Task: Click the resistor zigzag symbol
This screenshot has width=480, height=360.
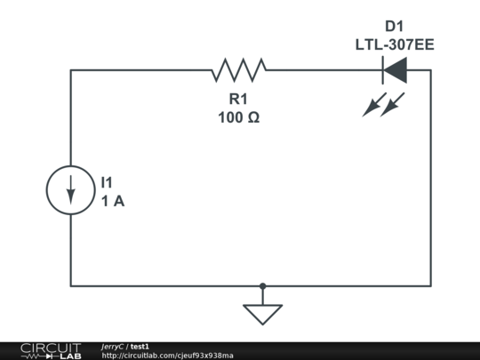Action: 239,70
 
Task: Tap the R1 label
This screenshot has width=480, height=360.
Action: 238,99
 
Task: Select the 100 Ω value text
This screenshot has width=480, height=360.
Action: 239,117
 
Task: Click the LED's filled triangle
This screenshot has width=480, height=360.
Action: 396,70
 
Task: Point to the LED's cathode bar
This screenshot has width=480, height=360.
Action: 382,70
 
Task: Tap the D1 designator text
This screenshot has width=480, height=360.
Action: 395,27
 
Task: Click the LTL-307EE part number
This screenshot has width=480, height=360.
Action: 395,44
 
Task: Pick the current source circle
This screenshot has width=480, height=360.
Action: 46,190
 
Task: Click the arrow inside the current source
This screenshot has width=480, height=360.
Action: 71,190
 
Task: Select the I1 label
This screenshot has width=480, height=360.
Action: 107,182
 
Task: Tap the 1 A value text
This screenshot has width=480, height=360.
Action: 113,201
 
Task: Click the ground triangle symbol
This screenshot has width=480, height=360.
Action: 262,315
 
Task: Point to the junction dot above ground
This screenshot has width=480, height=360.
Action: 262,286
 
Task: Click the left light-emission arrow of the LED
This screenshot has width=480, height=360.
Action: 374,105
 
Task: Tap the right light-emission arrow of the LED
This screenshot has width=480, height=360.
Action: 392,105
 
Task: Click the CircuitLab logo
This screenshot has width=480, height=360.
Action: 51,351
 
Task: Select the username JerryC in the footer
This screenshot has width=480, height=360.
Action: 112,347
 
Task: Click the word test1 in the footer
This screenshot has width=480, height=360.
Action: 140,347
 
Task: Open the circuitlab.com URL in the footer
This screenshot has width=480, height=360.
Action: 167,356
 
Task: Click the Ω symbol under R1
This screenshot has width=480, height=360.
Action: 253,117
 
